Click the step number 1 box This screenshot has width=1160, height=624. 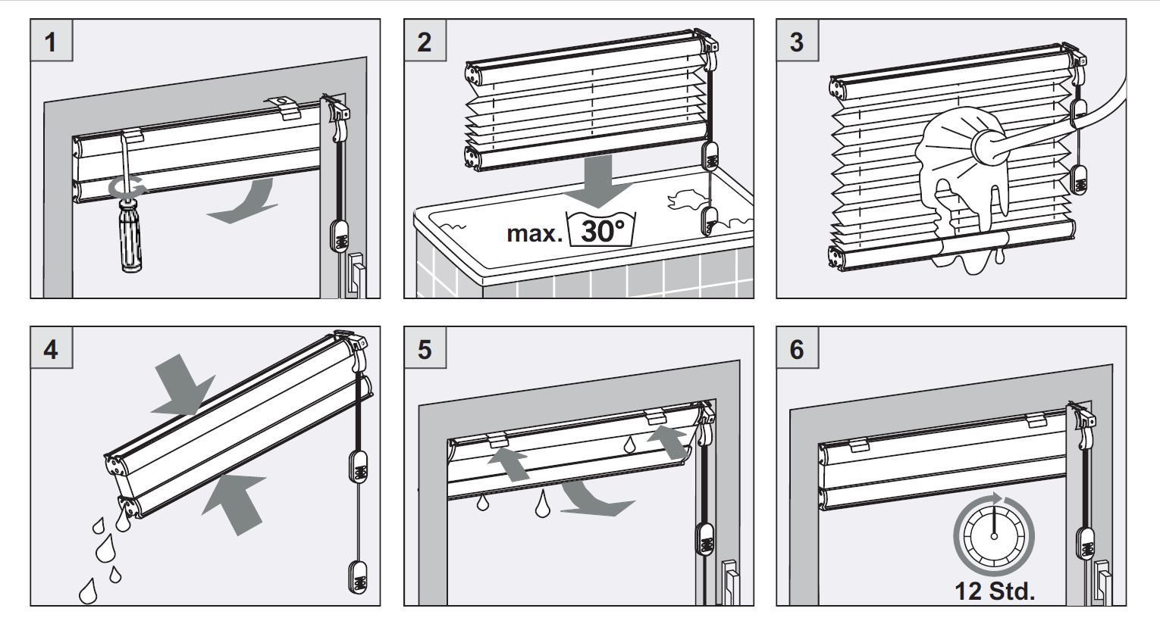coord(51,40)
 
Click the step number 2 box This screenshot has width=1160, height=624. coord(424,40)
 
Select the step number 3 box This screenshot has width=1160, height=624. coord(797,40)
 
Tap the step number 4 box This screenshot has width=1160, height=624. coord(51,349)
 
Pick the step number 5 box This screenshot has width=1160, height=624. coord(424,349)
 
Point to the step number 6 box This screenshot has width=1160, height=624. coord(797,349)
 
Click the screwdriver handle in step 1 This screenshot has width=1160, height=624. coord(128,241)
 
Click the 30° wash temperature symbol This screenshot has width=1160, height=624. coord(602,229)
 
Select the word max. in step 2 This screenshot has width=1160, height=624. coord(535,232)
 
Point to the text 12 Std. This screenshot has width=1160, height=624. coord(994,591)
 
